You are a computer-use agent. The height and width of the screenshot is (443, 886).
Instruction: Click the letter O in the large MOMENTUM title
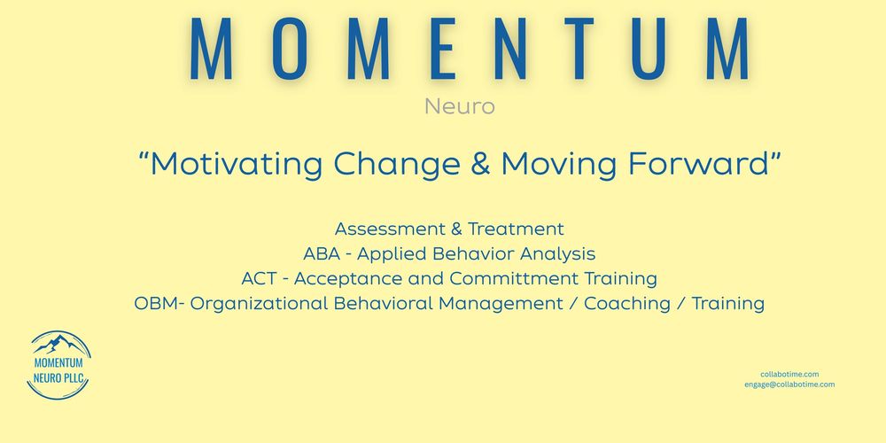pos(290,48)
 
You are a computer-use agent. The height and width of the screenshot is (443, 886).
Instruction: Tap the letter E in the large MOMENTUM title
pos(443,48)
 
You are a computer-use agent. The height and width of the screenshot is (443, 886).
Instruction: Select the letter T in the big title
pos(579,48)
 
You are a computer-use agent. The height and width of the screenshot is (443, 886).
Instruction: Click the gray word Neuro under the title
pos(459,106)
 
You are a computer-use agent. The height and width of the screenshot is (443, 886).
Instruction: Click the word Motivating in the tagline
pos(237,164)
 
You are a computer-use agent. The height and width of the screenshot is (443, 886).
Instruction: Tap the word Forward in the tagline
pos(698,163)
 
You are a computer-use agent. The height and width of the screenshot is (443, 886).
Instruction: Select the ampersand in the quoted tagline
pos(480,164)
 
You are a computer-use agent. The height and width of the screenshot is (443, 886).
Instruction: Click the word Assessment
pos(390,229)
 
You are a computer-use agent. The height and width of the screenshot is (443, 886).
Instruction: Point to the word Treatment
pos(516,229)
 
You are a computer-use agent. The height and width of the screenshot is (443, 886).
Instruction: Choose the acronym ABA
pos(322,253)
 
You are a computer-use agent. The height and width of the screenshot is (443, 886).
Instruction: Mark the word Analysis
pos(557,254)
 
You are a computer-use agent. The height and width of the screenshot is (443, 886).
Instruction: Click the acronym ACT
pos(260,278)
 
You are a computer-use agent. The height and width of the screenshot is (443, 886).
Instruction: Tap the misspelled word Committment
pos(514,278)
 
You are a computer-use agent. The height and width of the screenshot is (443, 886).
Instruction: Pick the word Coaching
pos(627,304)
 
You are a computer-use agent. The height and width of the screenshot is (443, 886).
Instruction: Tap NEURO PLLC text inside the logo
pos(58,378)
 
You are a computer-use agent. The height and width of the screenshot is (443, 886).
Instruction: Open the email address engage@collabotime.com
pos(789,385)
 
